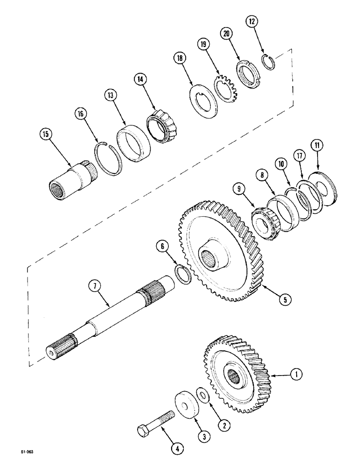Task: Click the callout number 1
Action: [297, 373]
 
